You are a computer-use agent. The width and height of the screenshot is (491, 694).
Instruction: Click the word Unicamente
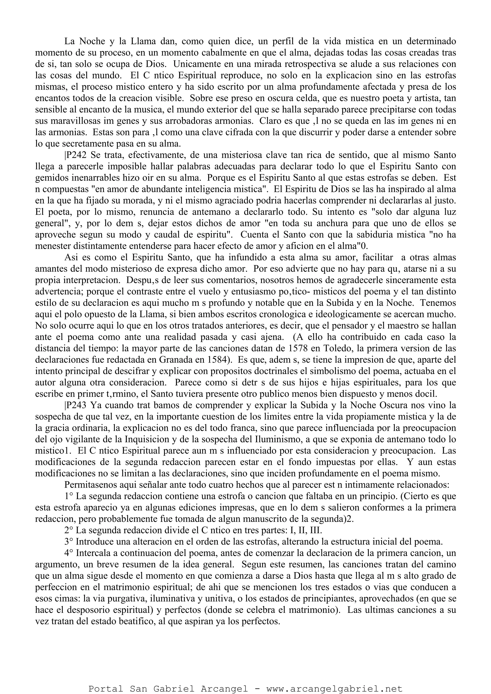pyautogui.click(x=197, y=64)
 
